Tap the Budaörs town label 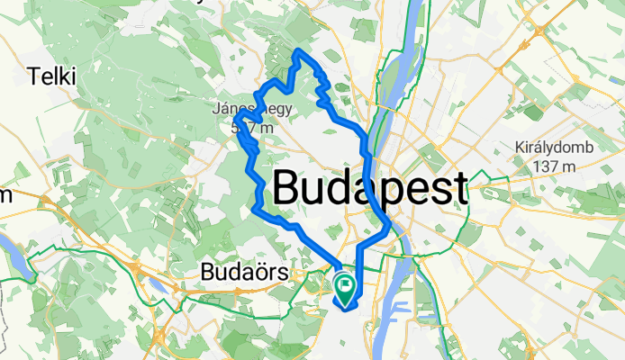pos(237,271)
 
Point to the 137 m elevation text pos(550,166)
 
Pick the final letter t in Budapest pos(459,189)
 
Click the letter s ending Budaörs pos(267,271)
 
